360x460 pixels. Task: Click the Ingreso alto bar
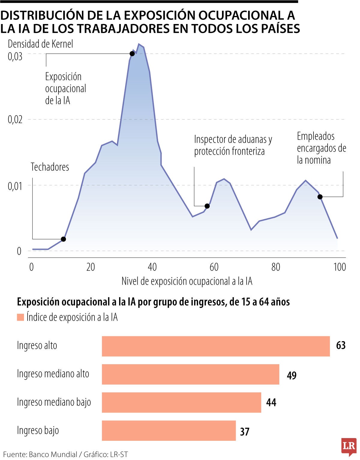click(x=216, y=346)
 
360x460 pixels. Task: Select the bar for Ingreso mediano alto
click(x=190, y=374)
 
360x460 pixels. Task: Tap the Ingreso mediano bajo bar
click(x=181, y=402)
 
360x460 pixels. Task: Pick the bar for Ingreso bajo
click(x=169, y=431)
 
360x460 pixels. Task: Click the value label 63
click(x=341, y=346)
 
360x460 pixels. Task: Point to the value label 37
click(x=245, y=432)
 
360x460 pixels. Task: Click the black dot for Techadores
click(x=63, y=239)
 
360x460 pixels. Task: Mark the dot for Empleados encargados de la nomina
click(x=320, y=197)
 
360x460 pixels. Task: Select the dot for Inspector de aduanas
click(x=207, y=206)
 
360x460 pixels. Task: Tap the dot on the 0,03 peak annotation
click(x=132, y=54)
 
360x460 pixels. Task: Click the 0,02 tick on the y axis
click(x=15, y=120)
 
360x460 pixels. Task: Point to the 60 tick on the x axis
click(x=214, y=267)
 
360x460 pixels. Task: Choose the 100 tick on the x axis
click(x=340, y=267)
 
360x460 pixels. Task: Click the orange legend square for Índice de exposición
click(x=20, y=317)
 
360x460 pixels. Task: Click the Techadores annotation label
click(x=50, y=167)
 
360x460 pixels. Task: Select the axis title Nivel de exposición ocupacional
click(x=187, y=281)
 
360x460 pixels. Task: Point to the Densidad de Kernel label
click(x=40, y=44)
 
